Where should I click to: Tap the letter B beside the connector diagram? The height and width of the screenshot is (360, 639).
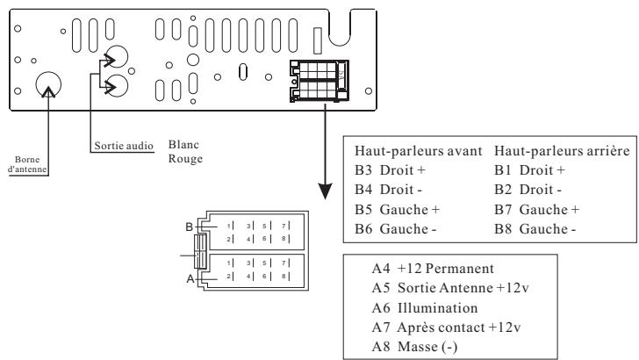189,227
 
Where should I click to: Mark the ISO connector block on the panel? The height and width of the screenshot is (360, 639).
320,79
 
